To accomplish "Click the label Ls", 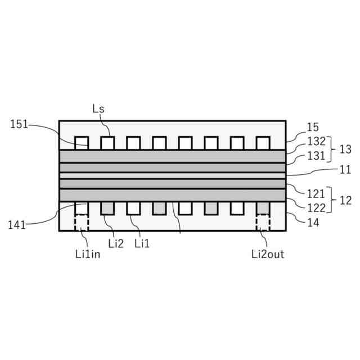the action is click(98, 109).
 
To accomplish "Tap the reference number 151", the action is click(19, 125).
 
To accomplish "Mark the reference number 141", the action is click(17, 225).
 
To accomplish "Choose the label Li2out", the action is click(268, 254).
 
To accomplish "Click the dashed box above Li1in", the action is click(82, 222).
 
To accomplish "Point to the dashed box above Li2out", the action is click(263, 222).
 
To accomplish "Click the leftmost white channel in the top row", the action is click(82, 143).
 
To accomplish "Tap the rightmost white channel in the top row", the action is click(263, 143).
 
